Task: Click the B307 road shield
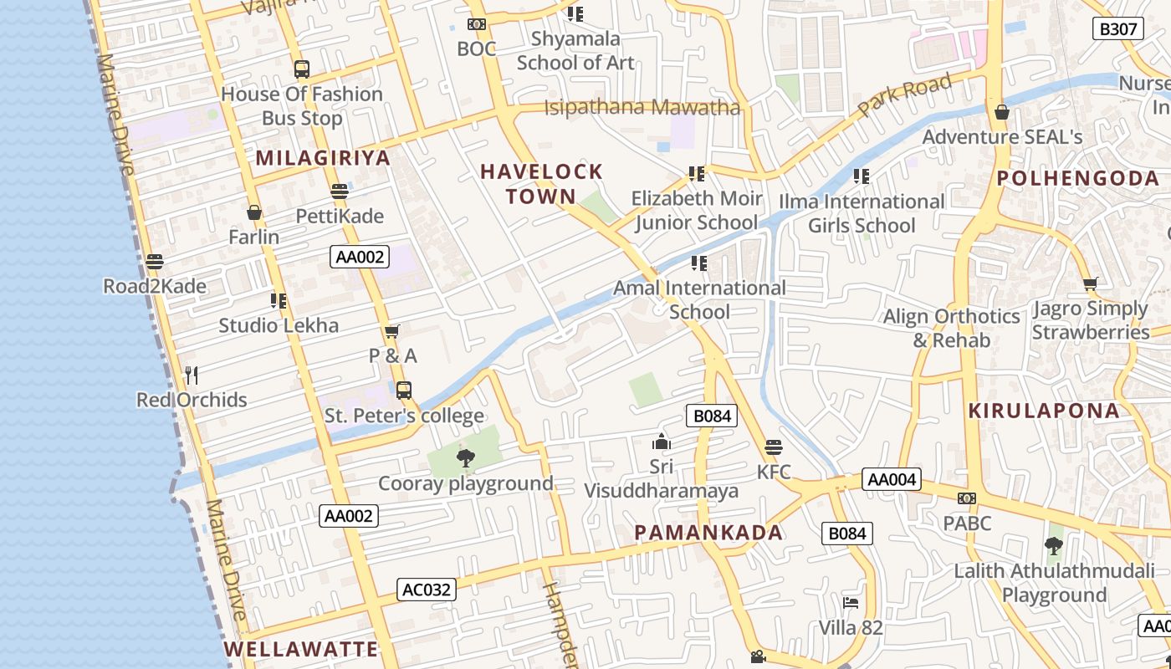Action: pos(1118,29)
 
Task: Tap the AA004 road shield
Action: pos(892,480)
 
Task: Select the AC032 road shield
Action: pos(427,590)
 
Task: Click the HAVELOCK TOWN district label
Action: pos(541,184)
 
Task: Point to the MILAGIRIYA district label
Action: pos(323,158)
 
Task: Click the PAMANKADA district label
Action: pos(708,533)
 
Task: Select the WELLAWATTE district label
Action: pos(301,649)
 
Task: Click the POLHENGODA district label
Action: pos(1078,178)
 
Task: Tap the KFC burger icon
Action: pos(774,447)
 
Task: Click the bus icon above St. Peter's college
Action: pos(404,390)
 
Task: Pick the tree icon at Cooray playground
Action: pos(466,457)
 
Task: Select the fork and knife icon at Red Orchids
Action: pos(192,375)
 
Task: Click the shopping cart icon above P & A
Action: pos(391,331)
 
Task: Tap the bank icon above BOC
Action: pos(477,24)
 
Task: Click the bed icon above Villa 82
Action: pos(851,602)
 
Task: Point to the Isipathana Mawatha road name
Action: pos(642,108)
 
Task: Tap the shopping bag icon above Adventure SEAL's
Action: pos(1002,111)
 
